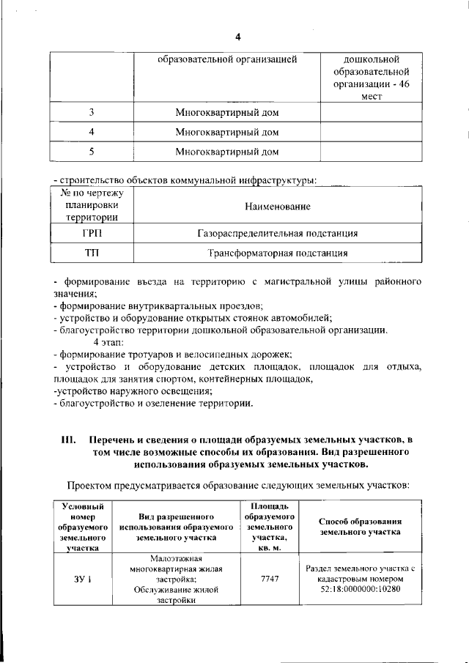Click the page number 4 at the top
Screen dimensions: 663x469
(237, 37)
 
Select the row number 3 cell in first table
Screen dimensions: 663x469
(92, 113)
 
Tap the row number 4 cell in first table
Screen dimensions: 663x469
(92, 133)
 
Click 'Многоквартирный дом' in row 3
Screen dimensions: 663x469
(227, 113)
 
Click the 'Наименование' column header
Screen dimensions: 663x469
(278, 207)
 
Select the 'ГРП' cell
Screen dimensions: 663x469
(92, 234)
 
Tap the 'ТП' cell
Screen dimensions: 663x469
(92, 253)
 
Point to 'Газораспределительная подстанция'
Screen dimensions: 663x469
(278, 234)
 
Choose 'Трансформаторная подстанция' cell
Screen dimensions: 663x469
(278, 253)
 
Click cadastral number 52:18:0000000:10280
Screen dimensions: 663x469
(361, 589)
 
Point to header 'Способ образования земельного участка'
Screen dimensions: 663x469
(361, 526)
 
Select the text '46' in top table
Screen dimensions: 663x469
(392, 84)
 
